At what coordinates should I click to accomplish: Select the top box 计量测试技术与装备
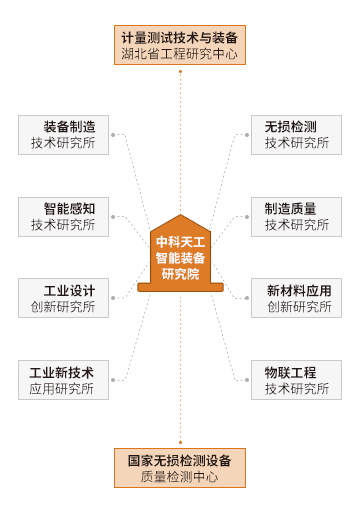(180, 45)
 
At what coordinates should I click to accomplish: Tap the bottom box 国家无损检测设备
(180, 468)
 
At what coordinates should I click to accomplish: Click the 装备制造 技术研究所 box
(63, 135)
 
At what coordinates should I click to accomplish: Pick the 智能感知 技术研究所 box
(63, 217)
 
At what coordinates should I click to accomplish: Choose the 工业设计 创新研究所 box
(63, 298)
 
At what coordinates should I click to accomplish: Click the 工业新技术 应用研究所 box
(63, 380)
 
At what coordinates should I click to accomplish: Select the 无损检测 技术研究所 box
(296, 135)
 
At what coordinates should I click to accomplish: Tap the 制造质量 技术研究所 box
(296, 217)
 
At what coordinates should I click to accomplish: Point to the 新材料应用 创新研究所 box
(296, 298)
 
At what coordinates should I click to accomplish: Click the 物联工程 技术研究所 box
(296, 380)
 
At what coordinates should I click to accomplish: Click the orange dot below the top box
(180, 71)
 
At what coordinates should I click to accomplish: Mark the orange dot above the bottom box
(180, 442)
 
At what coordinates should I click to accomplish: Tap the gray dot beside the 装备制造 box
(113, 135)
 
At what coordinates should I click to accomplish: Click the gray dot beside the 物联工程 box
(247, 380)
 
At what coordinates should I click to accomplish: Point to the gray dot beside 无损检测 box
(247, 135)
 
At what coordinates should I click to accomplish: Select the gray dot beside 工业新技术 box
(113, 380)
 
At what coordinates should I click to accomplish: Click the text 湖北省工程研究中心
(179, 54)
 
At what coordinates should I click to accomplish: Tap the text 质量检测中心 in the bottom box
(179, 477)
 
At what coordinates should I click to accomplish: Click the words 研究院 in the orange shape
(180, 274)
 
